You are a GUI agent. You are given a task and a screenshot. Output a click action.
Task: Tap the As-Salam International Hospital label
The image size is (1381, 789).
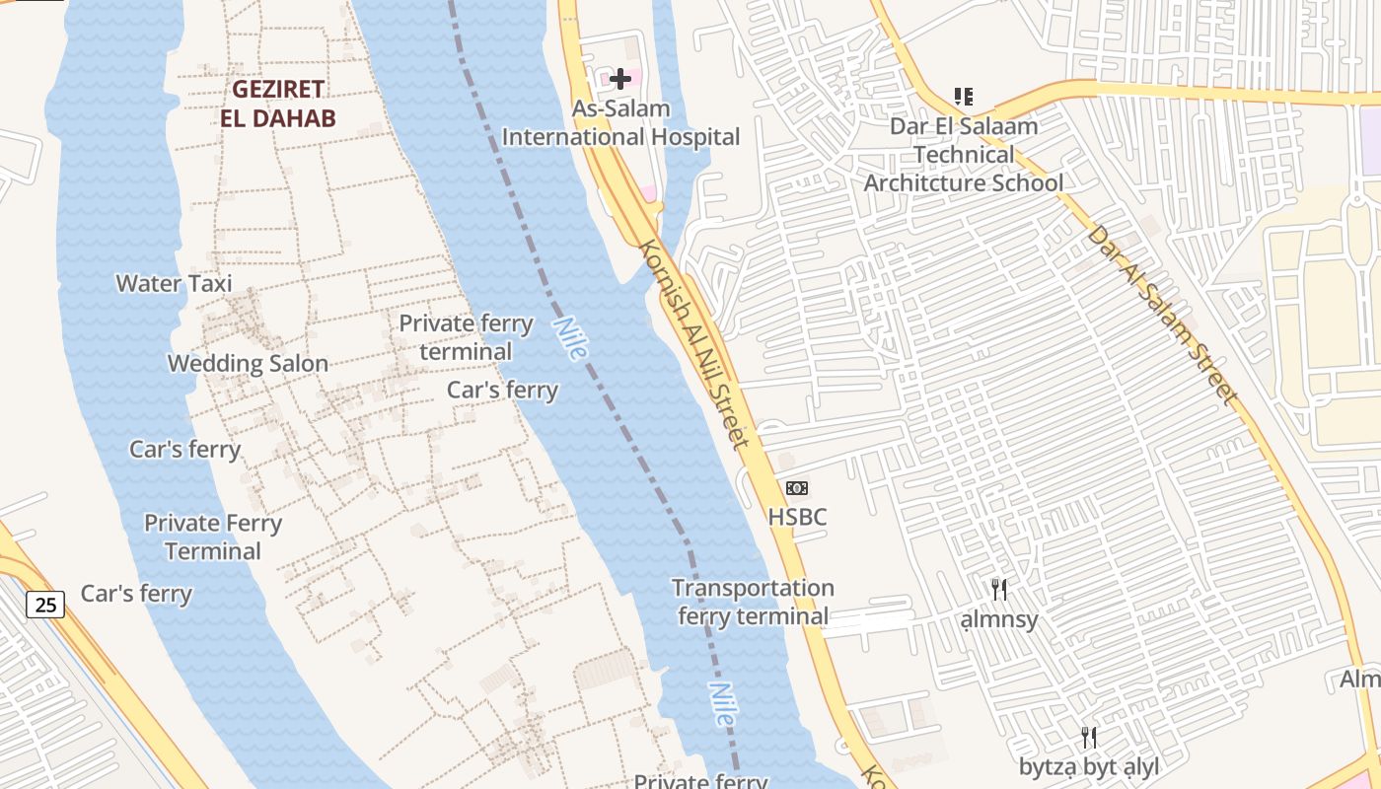pos(620,123)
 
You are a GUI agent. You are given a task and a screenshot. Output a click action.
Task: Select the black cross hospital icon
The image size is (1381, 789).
pos(620,78)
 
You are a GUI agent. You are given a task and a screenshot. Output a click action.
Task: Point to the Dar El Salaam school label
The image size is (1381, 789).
pos(964,155)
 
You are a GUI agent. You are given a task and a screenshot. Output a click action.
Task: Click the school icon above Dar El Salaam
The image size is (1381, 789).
pos(964,97)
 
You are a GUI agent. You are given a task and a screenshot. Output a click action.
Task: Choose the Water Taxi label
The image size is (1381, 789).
pos(174,284)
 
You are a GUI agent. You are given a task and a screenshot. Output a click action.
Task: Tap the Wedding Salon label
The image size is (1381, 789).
pos(248,364)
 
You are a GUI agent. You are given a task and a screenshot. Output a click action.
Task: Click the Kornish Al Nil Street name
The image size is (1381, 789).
pos(695,344)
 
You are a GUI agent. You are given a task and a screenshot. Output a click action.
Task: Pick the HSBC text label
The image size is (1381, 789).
pos(797,517)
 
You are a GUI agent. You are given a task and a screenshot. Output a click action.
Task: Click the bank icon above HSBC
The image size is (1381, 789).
pos(797,488)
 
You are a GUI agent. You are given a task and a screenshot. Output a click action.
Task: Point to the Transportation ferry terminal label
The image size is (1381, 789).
pos(753,603)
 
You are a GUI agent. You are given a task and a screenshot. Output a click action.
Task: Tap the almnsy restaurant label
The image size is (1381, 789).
pos(999,619)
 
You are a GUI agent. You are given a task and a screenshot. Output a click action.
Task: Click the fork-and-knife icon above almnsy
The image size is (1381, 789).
pos(999,590)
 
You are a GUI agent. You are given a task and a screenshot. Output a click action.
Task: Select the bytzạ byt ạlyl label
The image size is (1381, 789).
pos(1089,766)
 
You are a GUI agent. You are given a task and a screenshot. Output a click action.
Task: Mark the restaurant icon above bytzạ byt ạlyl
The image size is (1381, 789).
pos(1089,737)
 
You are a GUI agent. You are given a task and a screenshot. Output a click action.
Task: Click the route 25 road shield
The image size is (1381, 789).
pos(45,604)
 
